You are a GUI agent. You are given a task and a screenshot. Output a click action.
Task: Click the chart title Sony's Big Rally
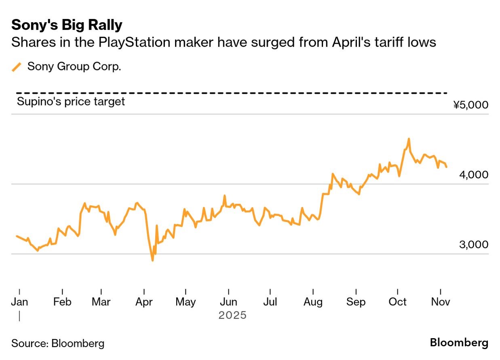pyautogui.click(x=67, y=25)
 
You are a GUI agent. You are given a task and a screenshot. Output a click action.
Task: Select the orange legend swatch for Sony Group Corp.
pyautogui.click(x=17, y=67)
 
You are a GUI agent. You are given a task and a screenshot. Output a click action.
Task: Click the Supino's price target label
pyautogui.click(x=71, y=101)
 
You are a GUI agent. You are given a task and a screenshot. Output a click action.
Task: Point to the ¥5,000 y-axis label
pyautogui.click(x=470, y=105)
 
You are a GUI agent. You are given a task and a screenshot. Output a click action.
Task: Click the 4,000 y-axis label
pyautogui.click(x=474, y=175)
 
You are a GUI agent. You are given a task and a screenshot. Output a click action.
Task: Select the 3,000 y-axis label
pyautogui.click(x=474, y=245)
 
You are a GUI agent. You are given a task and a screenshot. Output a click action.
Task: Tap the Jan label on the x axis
pyautogui.click(x=19, y=302)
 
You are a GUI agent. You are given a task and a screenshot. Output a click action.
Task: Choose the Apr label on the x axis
pyautogui.click(x=144, y=302)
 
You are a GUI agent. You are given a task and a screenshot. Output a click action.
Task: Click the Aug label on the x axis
pyautogui.click(x=313, y=302)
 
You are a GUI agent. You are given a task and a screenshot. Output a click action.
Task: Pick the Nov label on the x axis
pyautogui.click(x=440, y=302)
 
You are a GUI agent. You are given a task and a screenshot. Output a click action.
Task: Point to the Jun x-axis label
pyautogui.click(x=228, y=302)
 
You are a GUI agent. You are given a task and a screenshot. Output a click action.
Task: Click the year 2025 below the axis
pyautogui.click(x=232, y=315)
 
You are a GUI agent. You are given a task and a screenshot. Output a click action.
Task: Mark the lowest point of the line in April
pyautogui.click(x=152, y=260)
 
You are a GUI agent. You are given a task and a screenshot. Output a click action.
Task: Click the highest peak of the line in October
pyautogui.click(x=409, y=139)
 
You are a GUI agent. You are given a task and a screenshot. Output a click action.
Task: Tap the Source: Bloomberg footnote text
pyautogui.click(x=58, y=343)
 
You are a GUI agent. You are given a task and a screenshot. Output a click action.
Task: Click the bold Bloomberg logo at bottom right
pyautogui.click(x=459, y=343)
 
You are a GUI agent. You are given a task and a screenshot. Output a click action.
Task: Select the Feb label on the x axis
pyautogui.click(x=62, y=302)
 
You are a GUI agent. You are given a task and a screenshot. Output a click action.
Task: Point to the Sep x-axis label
pyautogui.click(x=356, y=302)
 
